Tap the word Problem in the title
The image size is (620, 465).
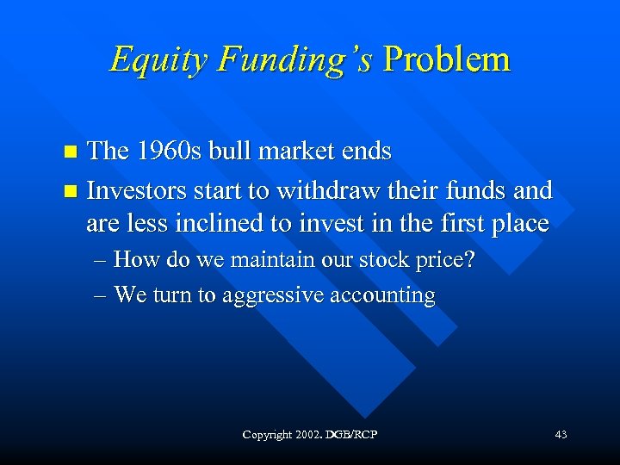pyautogui.click(x=447, y=59)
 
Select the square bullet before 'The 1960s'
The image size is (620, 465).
pyautogui.click(x=72, y=153)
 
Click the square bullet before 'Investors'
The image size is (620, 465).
pyautogui.click(x=72, y=190)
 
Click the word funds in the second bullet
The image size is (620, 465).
pyautogui.click(x=479, y=189)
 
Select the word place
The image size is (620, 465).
pyautogui.click(x=518, y=224)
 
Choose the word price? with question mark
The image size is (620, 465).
pyautogui.click(x=443, y=260)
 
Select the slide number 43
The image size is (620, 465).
pyautogui.click(x=561, y=435)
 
